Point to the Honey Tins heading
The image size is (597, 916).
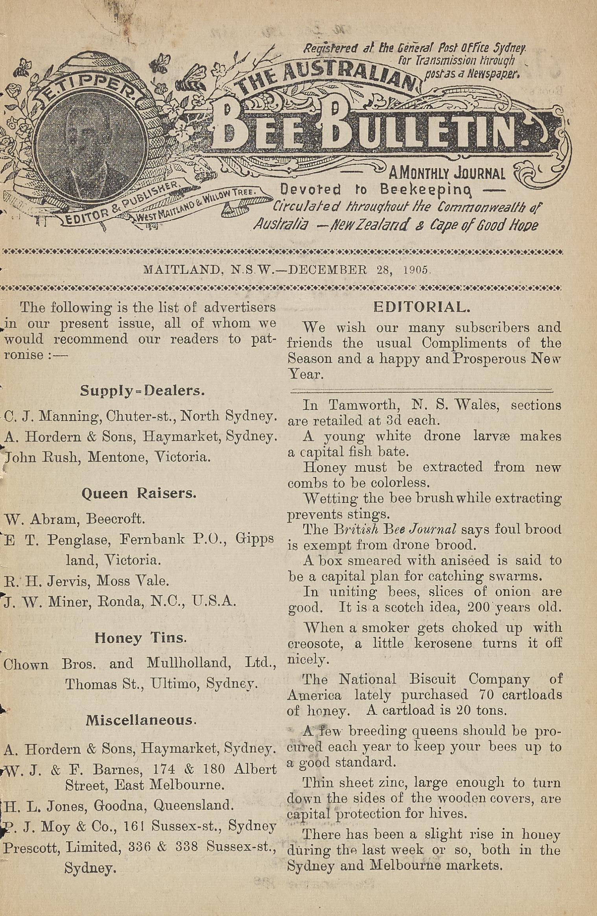(x=140, y=637)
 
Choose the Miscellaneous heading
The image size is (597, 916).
(x=140, y=720)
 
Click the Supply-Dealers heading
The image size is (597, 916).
(x=142, y=390)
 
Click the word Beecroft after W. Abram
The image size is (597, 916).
(x=116, y=519)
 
